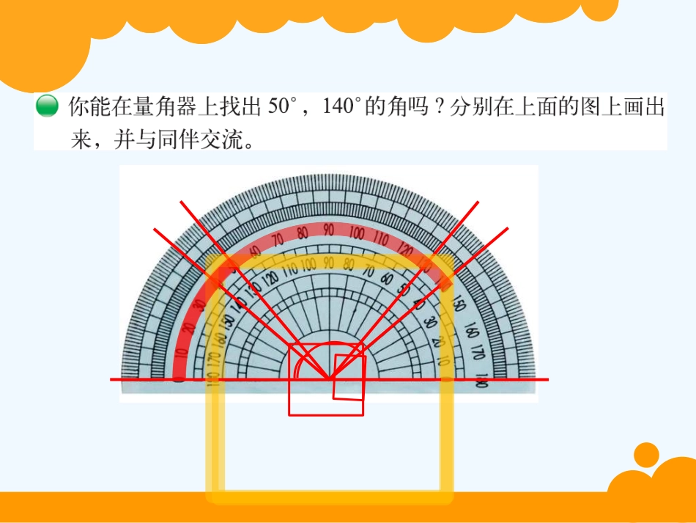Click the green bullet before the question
[46, 106]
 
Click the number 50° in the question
[280, 107]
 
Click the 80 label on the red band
[302, 233]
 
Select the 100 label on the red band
[357, 233]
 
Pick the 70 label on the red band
[277, 239]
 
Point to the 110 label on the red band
[381, 238]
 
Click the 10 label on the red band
[180, 354]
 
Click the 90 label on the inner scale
[329, 263]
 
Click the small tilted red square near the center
[349, 377]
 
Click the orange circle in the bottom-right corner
[646, 456]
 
